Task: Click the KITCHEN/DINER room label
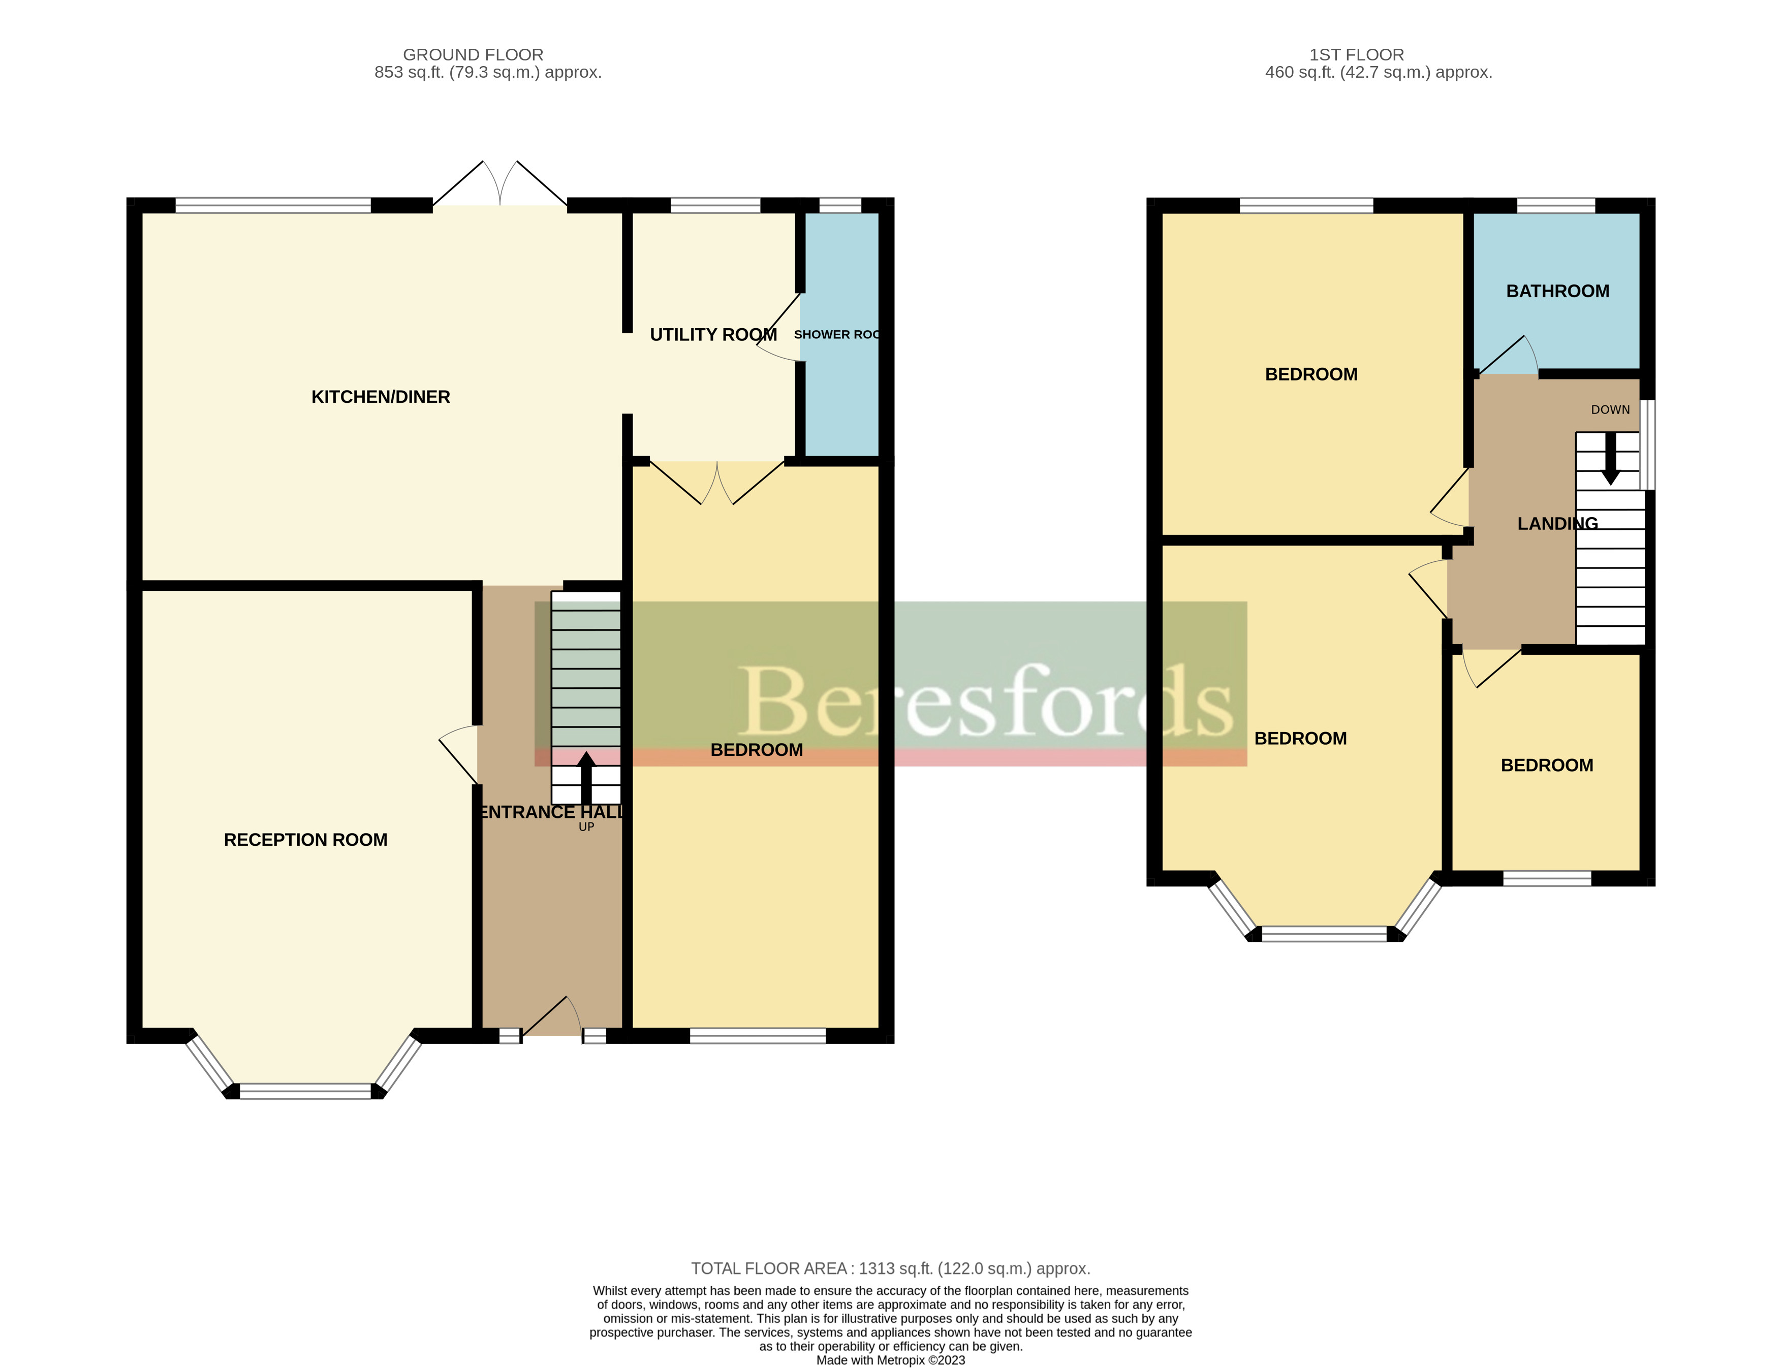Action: click(381, 397)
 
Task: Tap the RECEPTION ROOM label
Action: click(305, 840)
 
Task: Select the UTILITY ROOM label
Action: click(712, 335)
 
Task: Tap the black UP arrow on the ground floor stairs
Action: click(585, 778)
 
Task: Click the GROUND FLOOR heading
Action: click(473, 54)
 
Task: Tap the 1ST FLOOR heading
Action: click(1356, 54)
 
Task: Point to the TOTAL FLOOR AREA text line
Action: click(890, 1268)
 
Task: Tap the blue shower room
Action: click(840, 391)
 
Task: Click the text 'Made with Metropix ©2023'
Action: click(890, 1360)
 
